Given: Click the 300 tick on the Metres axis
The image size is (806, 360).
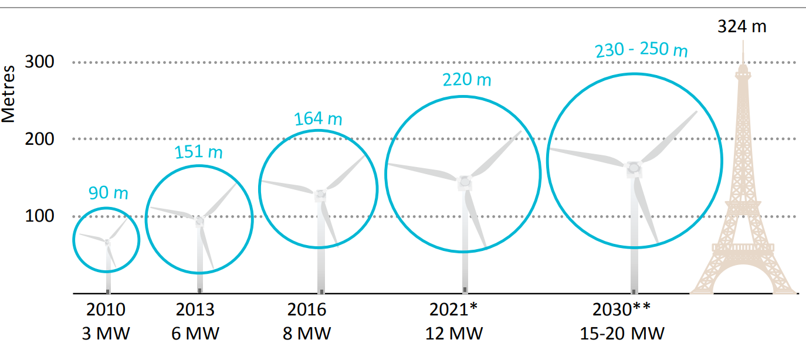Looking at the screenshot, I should click(x=40, y=62).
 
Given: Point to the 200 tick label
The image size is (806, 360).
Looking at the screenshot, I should click(x=40, y=139).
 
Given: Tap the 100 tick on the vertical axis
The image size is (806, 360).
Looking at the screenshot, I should click(x=40, y=216).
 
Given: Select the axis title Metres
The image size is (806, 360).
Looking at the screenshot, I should click(x=8, y=94).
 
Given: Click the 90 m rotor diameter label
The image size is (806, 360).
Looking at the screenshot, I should click(x=108, y=192).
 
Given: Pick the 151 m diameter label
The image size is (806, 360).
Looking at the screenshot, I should click(x=198, y=152).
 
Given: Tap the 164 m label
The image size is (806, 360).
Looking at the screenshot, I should click(x=317, y=118).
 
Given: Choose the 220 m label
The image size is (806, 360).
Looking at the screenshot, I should click(x=467, y=79).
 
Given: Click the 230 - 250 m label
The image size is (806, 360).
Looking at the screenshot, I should click(x=641, y=50).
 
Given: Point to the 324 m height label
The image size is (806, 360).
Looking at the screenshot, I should click(x=741, y=26).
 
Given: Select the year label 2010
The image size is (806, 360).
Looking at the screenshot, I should click(x=106, y=310).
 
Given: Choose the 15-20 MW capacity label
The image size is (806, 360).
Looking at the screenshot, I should click(x=622, y=334).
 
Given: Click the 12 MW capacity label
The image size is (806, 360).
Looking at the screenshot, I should click(x=454, y=334).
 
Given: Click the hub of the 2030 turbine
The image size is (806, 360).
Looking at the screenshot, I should click(x=634, y=168).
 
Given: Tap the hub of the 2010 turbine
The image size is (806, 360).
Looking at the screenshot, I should click(x=108, y=242).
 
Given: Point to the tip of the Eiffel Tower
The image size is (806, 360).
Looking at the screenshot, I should click(x=743, y=41).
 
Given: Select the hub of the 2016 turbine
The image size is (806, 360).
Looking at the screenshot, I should click(x=320, y=194).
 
